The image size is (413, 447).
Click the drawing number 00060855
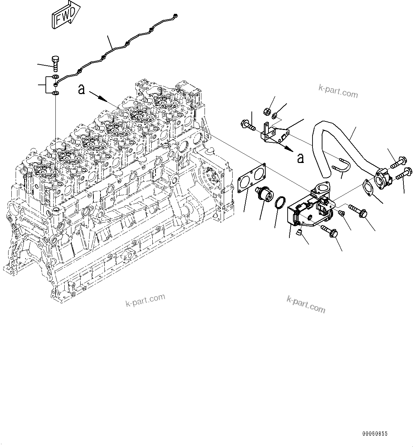[375, 434]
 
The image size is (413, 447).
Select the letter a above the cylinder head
[82, 90]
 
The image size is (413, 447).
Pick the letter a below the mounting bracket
[300, 158]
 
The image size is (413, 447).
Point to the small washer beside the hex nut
[275, 116]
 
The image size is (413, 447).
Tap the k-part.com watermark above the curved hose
[337, 92]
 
